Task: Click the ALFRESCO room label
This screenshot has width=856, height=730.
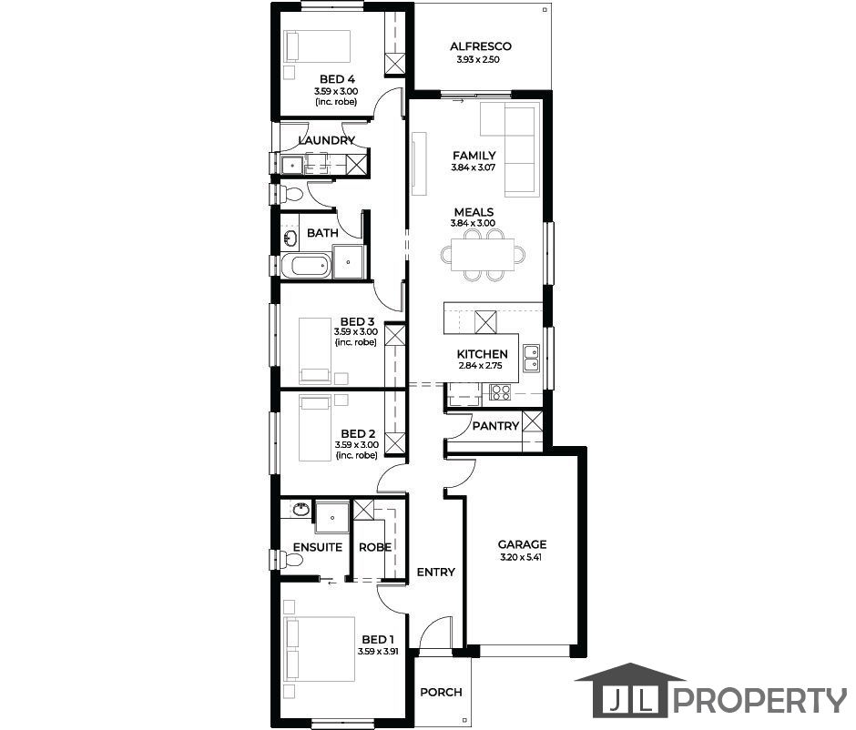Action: coord(481,46)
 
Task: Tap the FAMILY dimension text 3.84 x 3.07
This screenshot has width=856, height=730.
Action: coord(474,167)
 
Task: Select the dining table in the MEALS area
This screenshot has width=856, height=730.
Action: coord(483,255)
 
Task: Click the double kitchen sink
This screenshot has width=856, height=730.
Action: coord(531,358)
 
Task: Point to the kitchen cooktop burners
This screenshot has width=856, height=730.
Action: coord(500,392)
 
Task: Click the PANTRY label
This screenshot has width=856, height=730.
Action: coord(495,426)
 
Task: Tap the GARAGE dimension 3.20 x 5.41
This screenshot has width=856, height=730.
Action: coord(522,558)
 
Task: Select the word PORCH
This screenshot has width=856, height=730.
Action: coord(441,692)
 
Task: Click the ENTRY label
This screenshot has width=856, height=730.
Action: coord(435,572)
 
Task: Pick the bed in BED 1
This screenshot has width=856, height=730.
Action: coord(321,649)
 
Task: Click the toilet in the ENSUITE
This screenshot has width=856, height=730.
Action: coord(290,561)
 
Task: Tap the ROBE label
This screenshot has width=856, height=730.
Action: coord(375,547)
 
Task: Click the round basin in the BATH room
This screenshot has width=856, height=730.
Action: coord(290,238)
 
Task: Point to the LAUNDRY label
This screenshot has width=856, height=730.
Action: coord(326,140)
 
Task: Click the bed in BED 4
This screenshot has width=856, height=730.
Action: coord(318,46)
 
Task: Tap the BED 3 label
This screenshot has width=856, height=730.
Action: coord(357,322)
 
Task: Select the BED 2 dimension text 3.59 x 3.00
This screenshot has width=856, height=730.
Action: coord(356,445)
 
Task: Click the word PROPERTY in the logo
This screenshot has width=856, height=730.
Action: coord(759,700)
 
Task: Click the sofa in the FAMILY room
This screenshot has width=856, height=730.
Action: coord(519,151)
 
